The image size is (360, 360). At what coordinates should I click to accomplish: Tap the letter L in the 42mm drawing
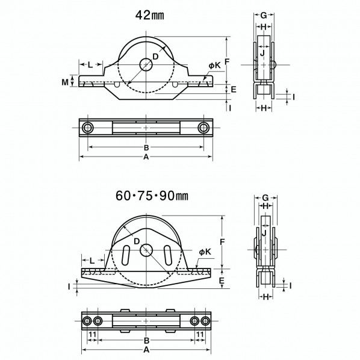[x=90, y=64]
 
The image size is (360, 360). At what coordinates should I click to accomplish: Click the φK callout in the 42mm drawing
[x=214, y=65]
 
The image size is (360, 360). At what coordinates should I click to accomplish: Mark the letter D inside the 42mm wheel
[x=155, y=56]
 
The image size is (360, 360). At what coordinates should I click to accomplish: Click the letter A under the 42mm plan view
[x=146, y=157]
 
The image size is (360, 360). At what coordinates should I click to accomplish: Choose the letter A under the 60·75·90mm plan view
[x=146, y=348]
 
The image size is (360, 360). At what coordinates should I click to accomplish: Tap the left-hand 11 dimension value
[x=92, y=334]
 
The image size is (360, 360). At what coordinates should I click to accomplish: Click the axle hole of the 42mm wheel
[x=146, y=64]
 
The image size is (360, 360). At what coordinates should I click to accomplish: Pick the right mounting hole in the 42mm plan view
[x=203, y=128]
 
